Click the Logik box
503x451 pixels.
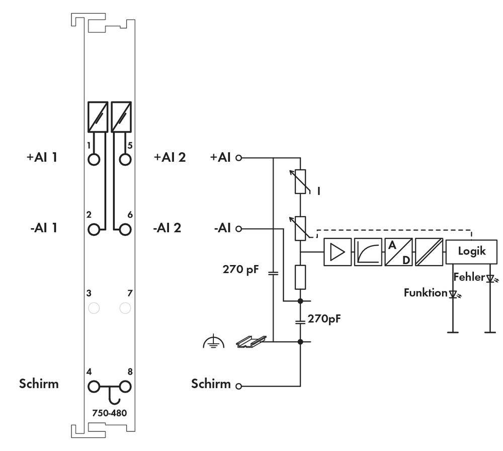[x=471, y=251]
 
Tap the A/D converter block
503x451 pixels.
[x=398, y=251]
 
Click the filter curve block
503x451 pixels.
[x=368, y=251]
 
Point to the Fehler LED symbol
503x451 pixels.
[x=489, y=278]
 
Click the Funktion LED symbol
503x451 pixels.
[x=453, y=293]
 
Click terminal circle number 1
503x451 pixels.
[x=94, y=159]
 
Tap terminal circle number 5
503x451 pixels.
[x=125, y=159]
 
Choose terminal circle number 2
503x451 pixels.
[x=94, y=229]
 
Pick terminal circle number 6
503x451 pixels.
[x=125, y=229]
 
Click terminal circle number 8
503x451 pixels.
[x=125, y=387]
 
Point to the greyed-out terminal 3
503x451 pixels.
[x=94, y=307]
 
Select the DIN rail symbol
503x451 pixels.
[x=250, y=342]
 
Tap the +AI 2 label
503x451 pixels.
[x=170, y=157]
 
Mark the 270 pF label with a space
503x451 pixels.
[x=241, y=269]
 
